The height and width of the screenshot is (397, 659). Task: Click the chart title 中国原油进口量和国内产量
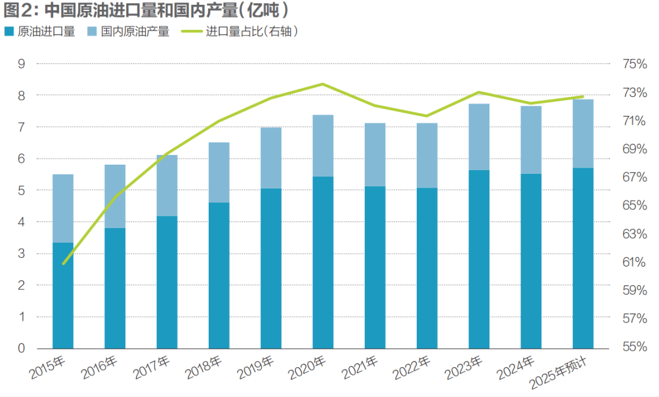(x=146, y=10)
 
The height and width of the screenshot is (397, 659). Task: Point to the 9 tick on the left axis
(x=21, y=63)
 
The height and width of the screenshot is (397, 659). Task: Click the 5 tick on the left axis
(x=21, y=190)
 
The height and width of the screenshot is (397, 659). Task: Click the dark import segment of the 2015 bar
(x=63, y=296)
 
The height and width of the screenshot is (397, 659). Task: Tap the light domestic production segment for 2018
(x=219, y=172)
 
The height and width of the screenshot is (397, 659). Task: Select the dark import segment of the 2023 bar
(x=479, y=259)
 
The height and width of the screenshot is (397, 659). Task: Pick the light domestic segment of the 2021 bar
(x=375, y=154)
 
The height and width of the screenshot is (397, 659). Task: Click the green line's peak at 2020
(x=323, y=84)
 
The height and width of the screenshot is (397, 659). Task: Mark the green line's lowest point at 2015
(x=63, y=263)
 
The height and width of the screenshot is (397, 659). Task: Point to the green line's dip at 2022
(x=427, y=116)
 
